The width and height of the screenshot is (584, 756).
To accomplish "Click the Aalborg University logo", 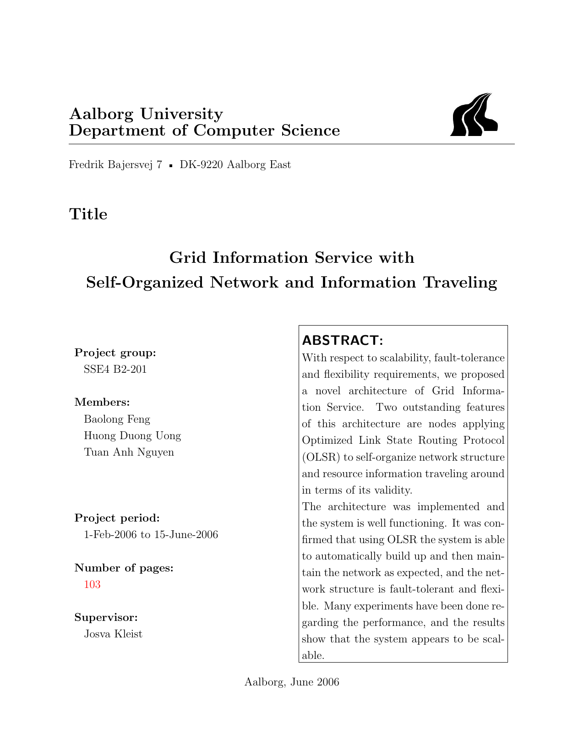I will click(474, 115).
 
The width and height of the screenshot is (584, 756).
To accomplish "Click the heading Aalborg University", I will click(146, 114).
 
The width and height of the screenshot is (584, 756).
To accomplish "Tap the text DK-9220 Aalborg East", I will click(235, 165).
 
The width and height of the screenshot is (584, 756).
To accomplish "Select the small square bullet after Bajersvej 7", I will click(171, 166).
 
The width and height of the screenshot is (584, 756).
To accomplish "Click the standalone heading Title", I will click(88, 214).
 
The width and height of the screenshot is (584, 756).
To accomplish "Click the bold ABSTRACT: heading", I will click(342, 341).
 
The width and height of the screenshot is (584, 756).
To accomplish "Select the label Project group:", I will click(115, 353).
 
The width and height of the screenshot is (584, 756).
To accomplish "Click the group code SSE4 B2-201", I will click(115, 369).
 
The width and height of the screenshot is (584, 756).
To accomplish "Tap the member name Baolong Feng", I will click(117, 419).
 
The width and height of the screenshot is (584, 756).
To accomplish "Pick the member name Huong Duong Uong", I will click(132, 435).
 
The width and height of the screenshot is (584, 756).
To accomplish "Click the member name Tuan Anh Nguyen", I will click(129, 452).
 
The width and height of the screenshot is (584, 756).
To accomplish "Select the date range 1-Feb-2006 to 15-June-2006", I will click(151, 535).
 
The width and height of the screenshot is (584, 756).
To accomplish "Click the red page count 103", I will click(92, 585).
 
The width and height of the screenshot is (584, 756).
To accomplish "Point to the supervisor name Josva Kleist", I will click(113, 634).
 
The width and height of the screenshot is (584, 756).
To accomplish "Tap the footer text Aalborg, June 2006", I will click(292, 682).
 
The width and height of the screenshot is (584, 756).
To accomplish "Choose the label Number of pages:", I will click(124, 568).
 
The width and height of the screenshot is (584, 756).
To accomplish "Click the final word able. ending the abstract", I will click(313, 656).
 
